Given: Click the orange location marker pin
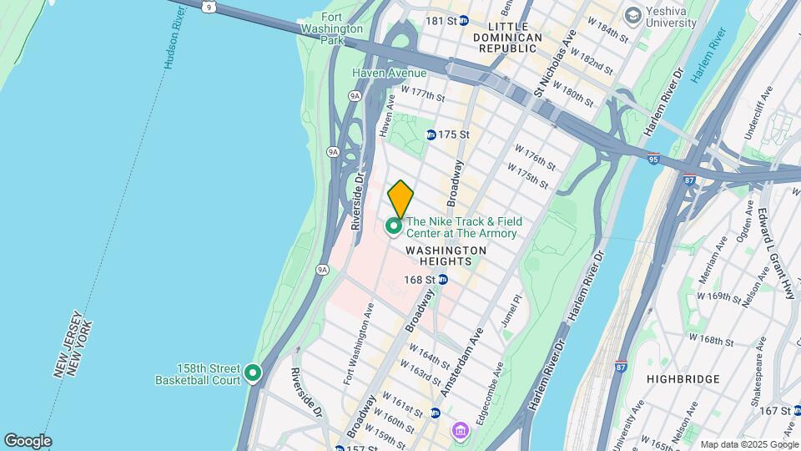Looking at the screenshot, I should pyautogui.click(x=400, y=199).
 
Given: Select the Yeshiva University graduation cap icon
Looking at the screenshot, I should pyautogui.click(x=633, y=15).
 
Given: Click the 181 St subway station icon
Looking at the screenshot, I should pyautogui.click(x=463, y=20).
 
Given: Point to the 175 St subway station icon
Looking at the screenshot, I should pyautogui.click(x=431, y=134).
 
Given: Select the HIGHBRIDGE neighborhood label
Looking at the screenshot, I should pyautogui.click(x=683, y=379).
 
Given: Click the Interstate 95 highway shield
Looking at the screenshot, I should pyautogui.click(x=652, y=157).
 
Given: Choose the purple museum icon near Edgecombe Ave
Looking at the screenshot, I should pyautogui.click(x=459, y=431).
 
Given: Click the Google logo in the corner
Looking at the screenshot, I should pyautogui.click(x=27, y=441).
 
